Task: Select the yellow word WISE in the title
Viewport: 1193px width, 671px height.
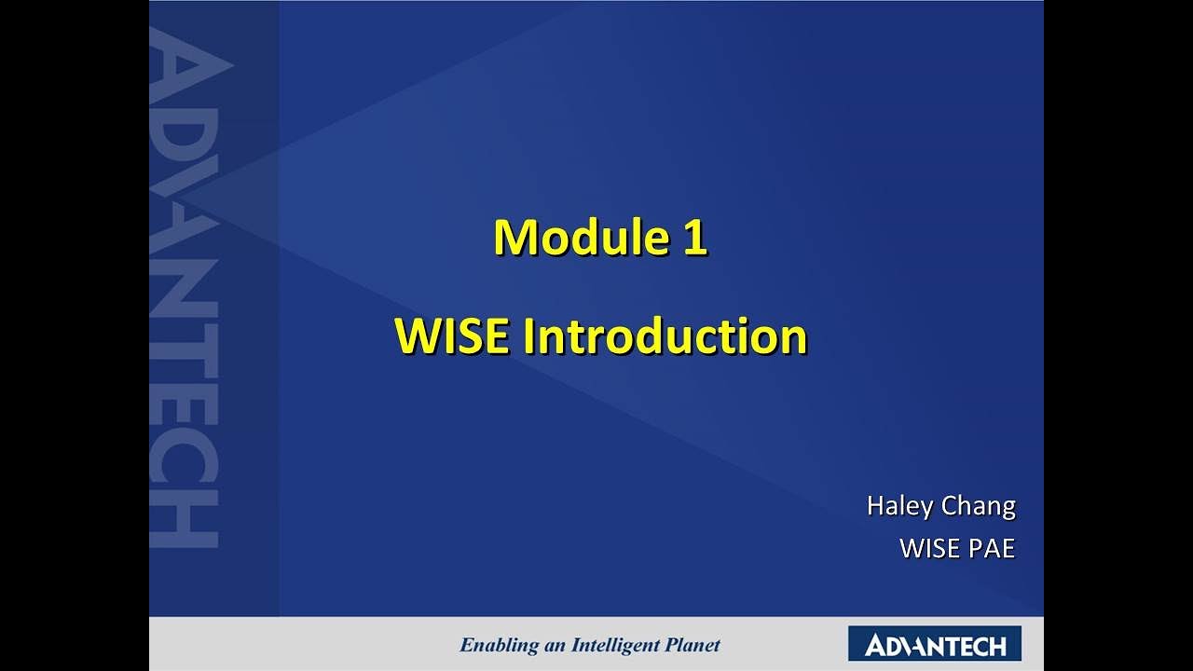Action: click(x=453, y=336)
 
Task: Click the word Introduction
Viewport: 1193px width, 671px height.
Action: click(x=665, y=336)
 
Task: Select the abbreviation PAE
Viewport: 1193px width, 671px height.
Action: click(x=992, y=548)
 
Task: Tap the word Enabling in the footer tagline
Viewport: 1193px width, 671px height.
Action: click(x=500, y=645)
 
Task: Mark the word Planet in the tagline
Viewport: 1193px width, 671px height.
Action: click(x=692, y=645)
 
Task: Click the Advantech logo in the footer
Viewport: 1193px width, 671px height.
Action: click(x=934, y=644)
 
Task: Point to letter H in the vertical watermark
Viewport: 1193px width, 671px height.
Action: click(x=184, y=517)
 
